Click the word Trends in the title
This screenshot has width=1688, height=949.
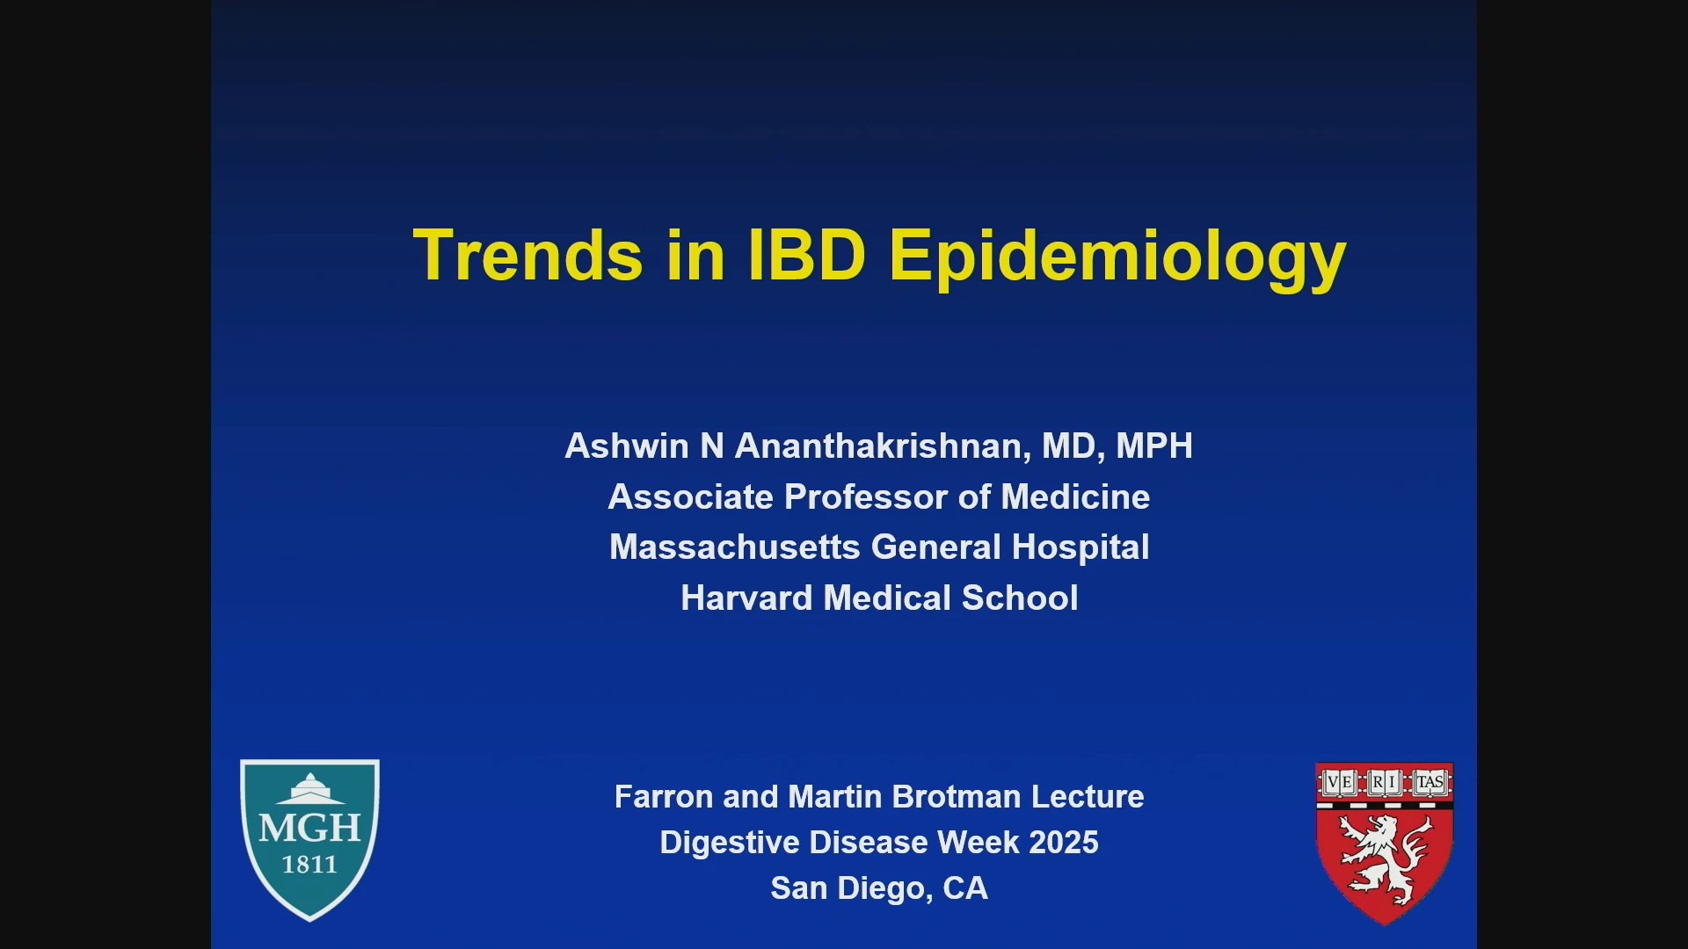point(527,255)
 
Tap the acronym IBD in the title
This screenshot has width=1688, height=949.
point(807,255)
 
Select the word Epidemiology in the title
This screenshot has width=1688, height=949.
point(1117,258)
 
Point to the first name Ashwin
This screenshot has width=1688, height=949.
point(627,446)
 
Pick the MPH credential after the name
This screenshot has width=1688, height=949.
point(1154,446)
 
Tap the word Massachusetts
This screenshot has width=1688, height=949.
point(735,547)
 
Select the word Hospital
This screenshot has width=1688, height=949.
point(1080,548)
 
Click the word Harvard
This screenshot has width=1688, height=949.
point(747,598)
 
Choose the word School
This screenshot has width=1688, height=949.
point(1020,598)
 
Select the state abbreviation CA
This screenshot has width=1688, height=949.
point(965,888)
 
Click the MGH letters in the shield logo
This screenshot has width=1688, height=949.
point(309,828)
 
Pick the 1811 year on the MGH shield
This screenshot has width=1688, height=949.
point(309,865)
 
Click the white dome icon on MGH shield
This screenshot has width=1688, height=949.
point(310,789)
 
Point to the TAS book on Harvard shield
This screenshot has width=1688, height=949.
point(1430,782)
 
